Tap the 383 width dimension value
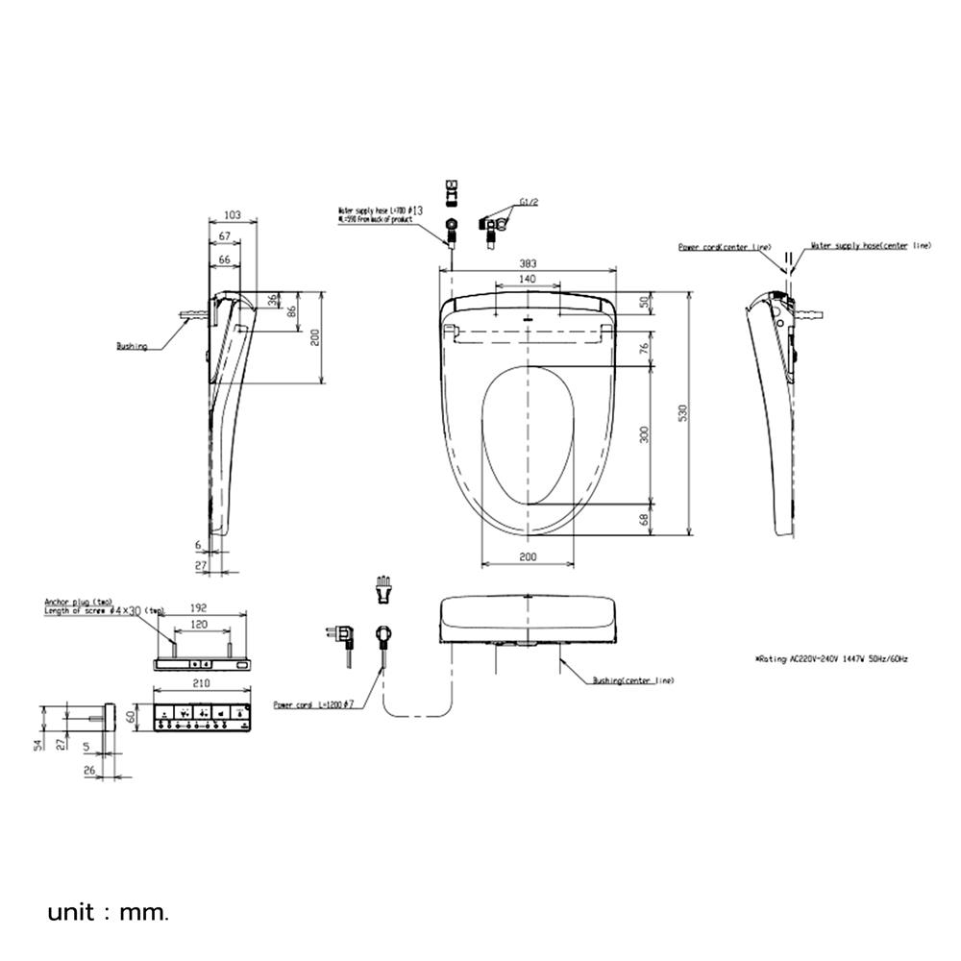point(528,264)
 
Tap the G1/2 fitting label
point(528,202)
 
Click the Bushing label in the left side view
point(132,346)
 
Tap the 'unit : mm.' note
point(108,911)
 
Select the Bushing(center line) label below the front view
point(632,680)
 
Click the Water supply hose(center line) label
point(871,246)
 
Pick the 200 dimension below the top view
point(528,557)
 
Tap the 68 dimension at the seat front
point(646,519)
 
